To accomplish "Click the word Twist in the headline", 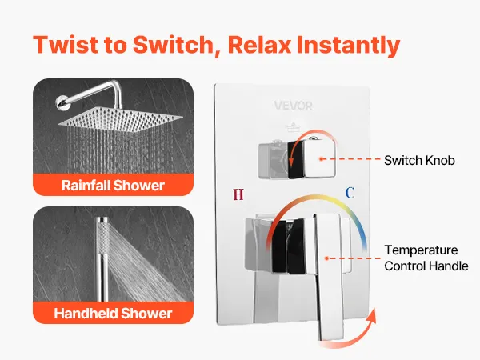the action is click(66, 45).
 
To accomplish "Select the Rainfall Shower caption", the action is click(113, 186).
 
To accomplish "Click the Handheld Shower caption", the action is click(113, 313).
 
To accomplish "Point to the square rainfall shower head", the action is click(120, 118).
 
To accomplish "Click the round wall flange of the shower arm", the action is click(62, 102).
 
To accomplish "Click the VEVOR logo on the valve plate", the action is click(294, 106).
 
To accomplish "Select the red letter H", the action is click(238, 194).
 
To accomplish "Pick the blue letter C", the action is click(350, 193).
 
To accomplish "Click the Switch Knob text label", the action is click(419, 161).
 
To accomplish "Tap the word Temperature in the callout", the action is click(421, 250).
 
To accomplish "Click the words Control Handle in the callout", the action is click(426, 266).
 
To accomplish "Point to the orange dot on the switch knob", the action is click(321, 159).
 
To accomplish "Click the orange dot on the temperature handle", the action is click(326, 258).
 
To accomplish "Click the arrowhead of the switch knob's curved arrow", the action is click(291, 160).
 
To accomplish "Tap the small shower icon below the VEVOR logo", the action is click(293, 126).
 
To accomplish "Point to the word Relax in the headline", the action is click(259, 45).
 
